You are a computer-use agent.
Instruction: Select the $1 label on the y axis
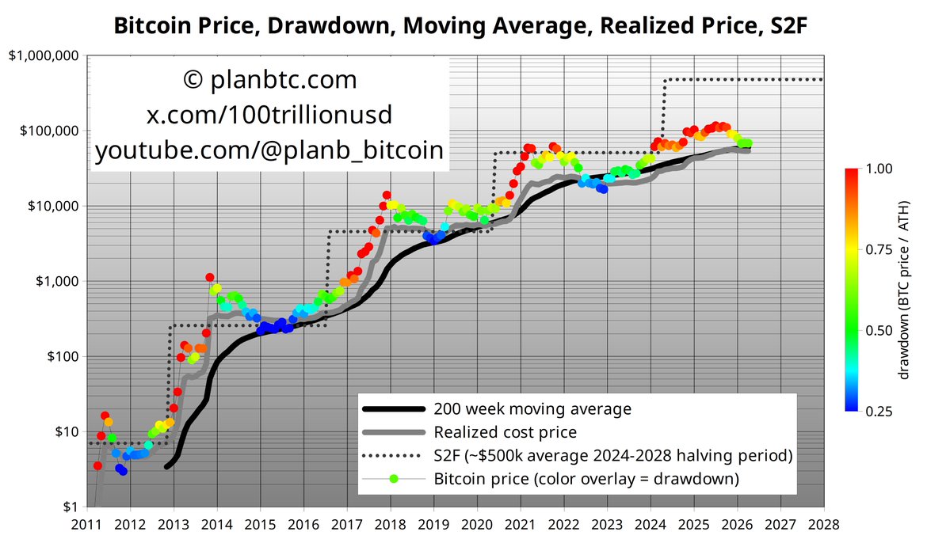click(x=71, y=507)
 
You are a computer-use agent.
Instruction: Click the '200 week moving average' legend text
click(x=532, y=409)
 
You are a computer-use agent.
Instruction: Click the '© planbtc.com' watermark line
click(x=269, y=80)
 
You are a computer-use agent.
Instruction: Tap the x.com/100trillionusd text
click(x=269, y=116)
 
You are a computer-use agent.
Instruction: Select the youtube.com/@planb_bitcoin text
click(x=269, y=151)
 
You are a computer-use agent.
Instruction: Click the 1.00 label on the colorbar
click(x=880, y=169)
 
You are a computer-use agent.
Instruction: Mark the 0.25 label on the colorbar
click(x=880, y=412)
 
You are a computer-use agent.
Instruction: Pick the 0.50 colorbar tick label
click(x=880, y=330)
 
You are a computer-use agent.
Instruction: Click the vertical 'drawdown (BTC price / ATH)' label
click(x=906, y=290)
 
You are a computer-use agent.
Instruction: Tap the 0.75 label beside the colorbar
click(x=880, y=249)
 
